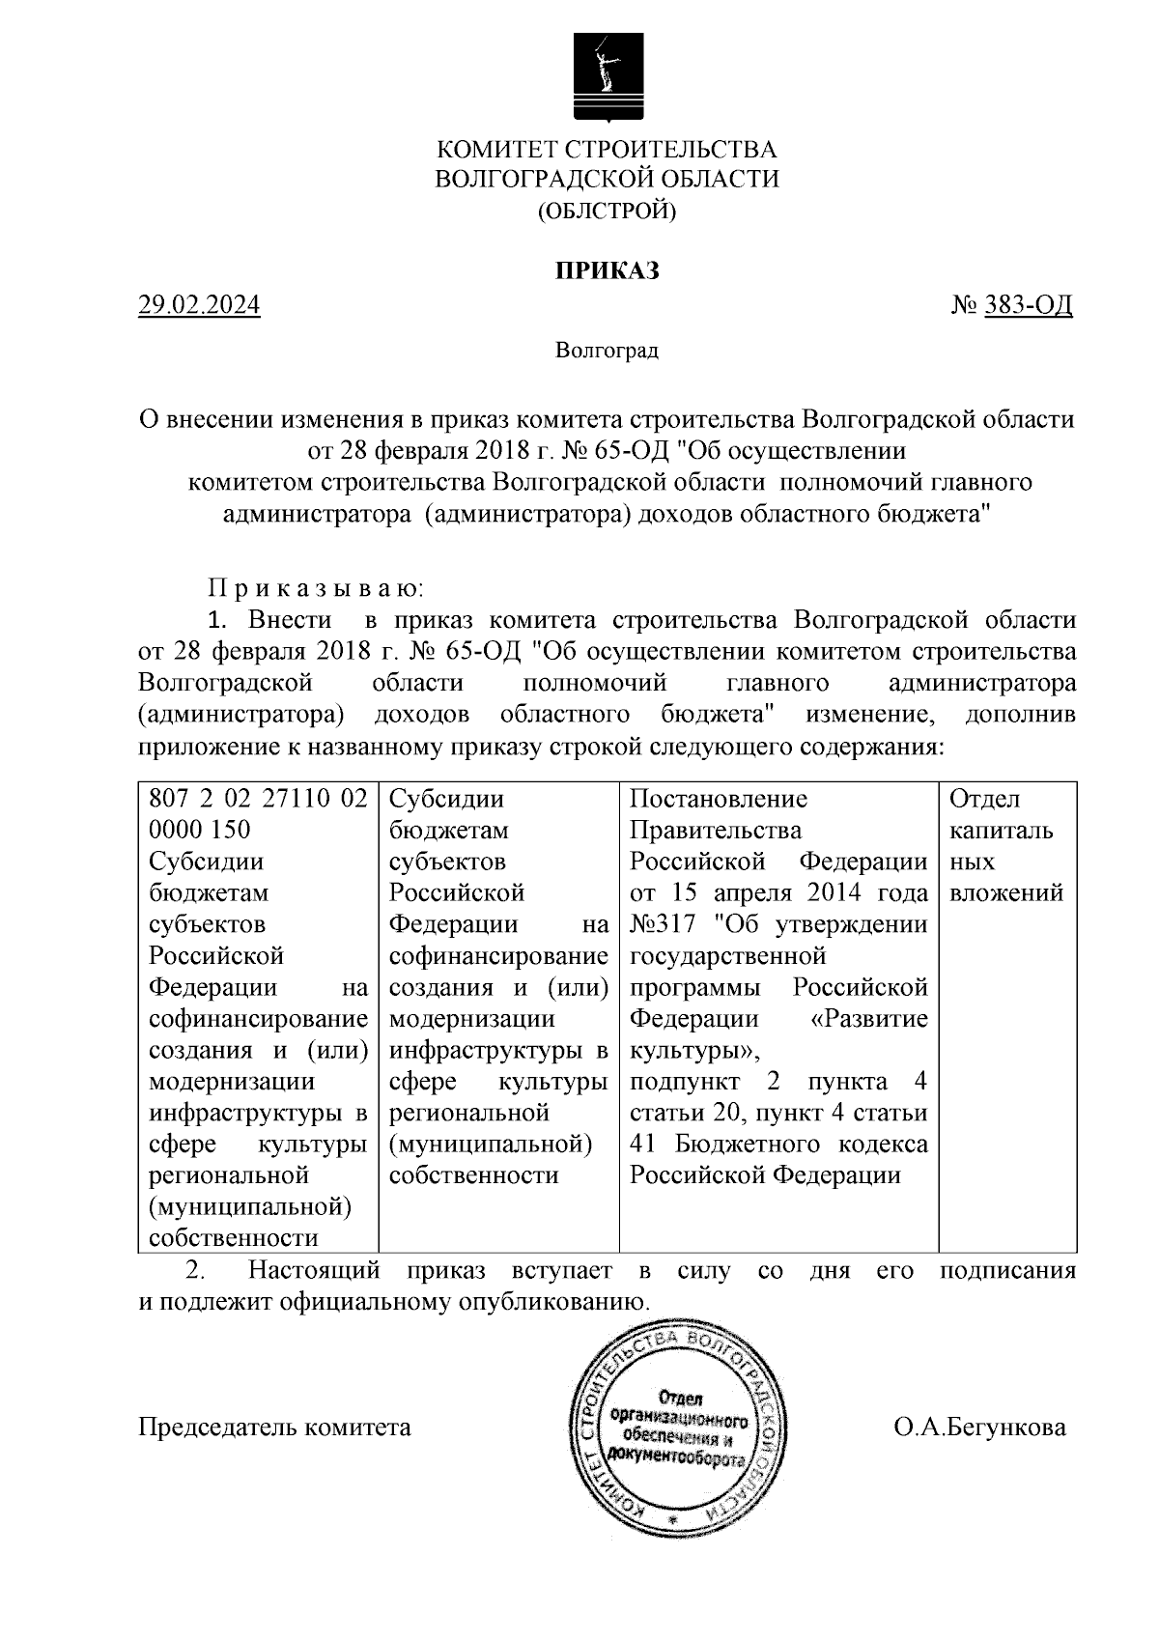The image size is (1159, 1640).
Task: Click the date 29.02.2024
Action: pos(199,305)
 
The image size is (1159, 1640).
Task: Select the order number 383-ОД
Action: pos(1027,305)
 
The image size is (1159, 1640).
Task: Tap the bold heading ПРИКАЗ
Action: pos(607,270)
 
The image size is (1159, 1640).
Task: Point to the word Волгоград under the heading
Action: pos(607,351)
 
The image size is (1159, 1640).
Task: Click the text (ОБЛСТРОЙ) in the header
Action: pos(607,210)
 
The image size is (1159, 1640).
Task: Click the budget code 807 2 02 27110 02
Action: pos(258,799)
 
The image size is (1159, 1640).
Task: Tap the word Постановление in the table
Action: pos(718,799)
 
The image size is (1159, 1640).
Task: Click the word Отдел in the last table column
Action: pos(984,799)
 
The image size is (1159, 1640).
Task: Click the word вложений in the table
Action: pos(1006,892)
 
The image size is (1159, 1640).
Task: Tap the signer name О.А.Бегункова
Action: pos(979,1427)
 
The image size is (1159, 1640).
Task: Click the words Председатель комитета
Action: pos(275,1427)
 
